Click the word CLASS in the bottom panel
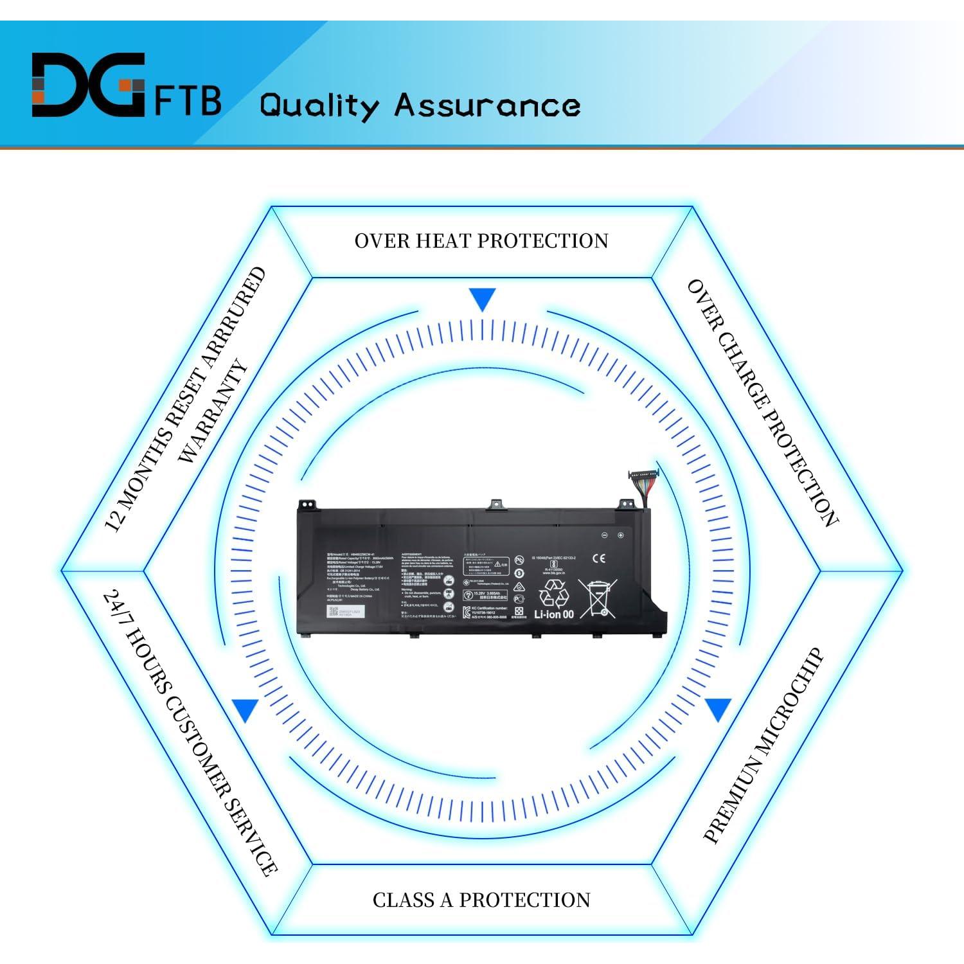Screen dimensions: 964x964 (404, 900)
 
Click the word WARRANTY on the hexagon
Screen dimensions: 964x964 (213, 412)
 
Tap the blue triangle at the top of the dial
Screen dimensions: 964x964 (482, 299)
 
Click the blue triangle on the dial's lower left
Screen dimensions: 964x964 (245, 710)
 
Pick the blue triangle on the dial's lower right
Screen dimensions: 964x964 (719, 710)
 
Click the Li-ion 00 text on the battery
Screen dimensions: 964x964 (553, 614)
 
